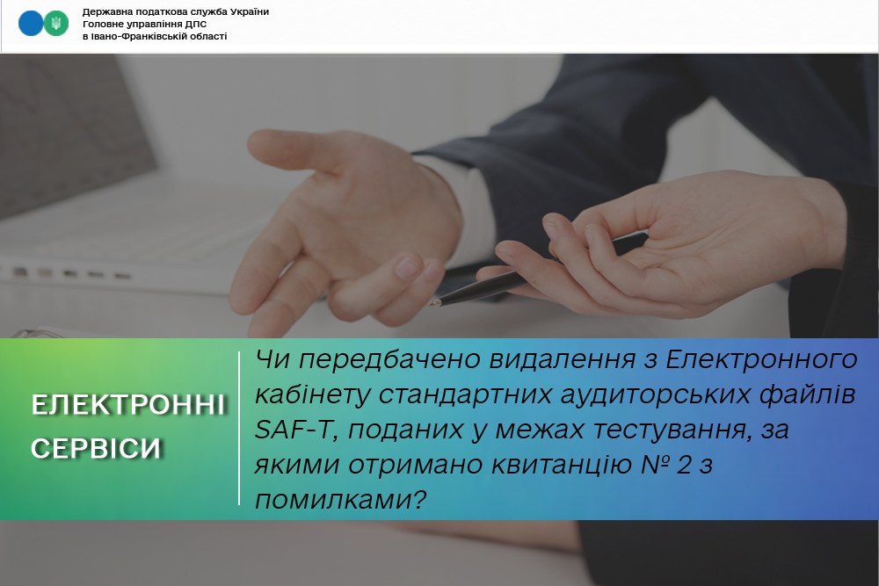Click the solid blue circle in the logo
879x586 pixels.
tap(31, 24)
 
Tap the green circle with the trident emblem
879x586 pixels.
tap(56, 24)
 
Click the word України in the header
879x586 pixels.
tap(250, 11)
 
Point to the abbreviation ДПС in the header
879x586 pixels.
tap(196, 24)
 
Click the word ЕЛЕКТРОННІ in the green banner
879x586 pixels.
tap(128, 405)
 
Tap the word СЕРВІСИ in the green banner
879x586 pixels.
tap(96, 448)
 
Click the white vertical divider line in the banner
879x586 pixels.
tap(239, 429)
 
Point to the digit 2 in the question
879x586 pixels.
tap(684, 465)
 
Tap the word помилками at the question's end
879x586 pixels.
tap(334, 500)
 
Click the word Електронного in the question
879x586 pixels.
tap(761, 359)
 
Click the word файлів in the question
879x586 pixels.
tap(808, 395)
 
